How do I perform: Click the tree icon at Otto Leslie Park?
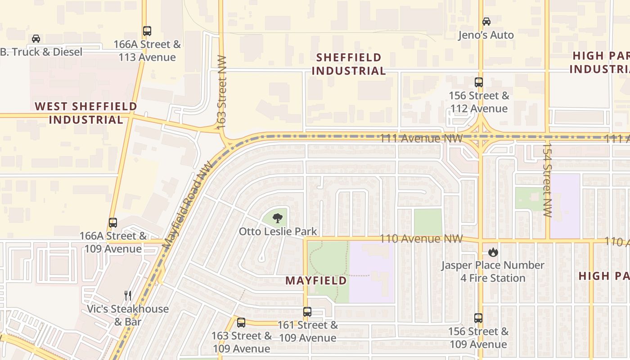coord(278,218)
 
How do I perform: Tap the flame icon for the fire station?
coord(493,252)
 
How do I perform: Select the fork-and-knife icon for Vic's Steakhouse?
coord(128,296)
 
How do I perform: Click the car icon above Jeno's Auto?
coord(486,21)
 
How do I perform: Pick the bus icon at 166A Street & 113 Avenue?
coord(147,31)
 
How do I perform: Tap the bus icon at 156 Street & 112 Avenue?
coord(479,82)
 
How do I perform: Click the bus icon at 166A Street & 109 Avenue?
coord(113,223)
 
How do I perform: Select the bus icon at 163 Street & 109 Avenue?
coord(241,323)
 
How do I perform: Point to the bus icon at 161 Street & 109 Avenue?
coord(307,312)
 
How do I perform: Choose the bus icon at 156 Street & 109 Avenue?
coord(478,318)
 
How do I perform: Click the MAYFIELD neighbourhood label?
coord(316,281)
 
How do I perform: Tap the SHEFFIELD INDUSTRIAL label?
coord(349,64)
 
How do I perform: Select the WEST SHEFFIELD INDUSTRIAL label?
coord(86,113)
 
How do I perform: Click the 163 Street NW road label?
coord(221,93)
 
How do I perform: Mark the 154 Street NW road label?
coord(547,180)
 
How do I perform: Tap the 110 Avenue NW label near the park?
coord(421,238)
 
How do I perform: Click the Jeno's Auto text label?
coord(486,35)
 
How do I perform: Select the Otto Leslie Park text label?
coord(278,231)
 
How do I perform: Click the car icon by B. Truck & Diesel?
coord(36,39)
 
